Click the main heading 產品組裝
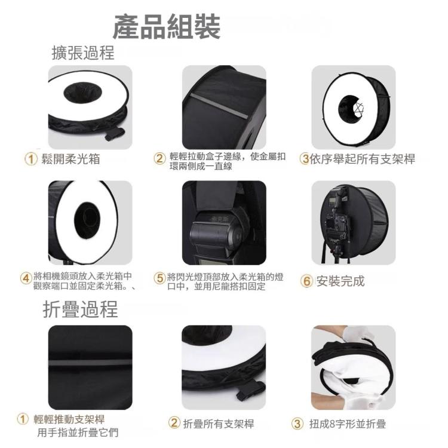coord(167,27)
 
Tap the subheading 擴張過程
coord(83,53)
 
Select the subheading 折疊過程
coord(80,309)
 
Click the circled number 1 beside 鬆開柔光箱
coord(31,159)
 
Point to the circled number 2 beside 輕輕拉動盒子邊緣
coord(159,158)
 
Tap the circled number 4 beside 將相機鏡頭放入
coord(26,278)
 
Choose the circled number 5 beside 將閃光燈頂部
coord(159,278)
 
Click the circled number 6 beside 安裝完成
coord(306,281)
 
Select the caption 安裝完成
coord(340,281)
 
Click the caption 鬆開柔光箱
coord(70,159)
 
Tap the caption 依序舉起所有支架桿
coord(363,159)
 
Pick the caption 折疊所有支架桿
coord(219,424)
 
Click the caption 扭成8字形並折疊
coord(348,424)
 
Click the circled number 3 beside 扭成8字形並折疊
coord(297,424)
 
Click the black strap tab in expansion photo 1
coord(115,134)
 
